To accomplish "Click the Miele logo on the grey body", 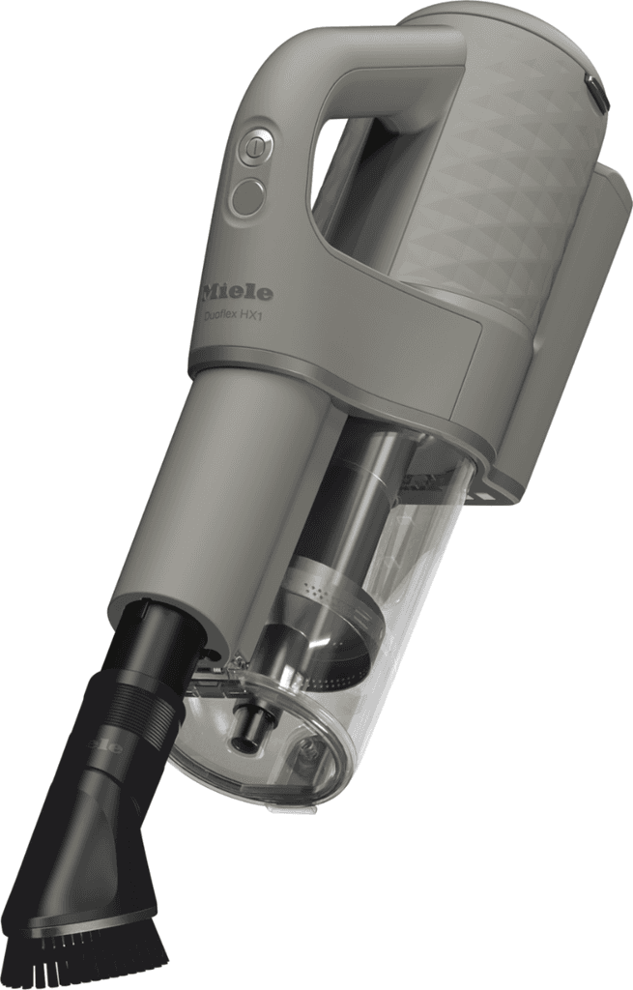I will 237,291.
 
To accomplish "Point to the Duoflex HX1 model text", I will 237,314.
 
